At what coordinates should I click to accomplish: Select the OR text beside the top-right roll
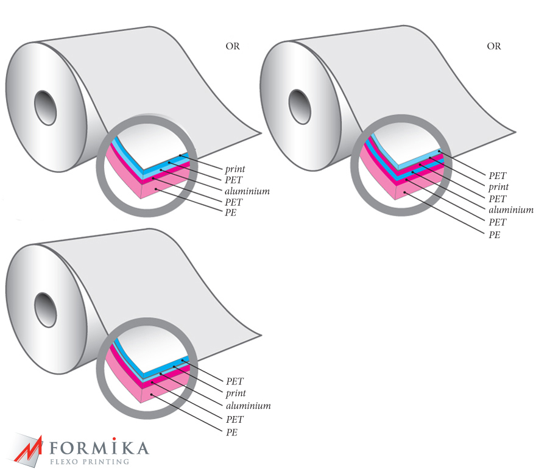click(x=493, y=46)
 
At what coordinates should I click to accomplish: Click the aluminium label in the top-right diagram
click(x=511, y=210)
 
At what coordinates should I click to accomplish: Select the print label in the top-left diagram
click(x=235, y=168)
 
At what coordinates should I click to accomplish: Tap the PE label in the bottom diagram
click(x=231, y=432)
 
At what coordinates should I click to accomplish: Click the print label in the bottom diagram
click(x=236, y=393)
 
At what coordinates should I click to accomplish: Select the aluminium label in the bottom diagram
click(x=248, y=406)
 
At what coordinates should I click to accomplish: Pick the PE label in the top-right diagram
click(x=495, y=234)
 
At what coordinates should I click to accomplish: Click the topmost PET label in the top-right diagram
click(x=498, y=176)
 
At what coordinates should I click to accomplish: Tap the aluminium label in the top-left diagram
click(x=247, y=191)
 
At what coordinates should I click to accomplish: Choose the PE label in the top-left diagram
click(x=231, y=214)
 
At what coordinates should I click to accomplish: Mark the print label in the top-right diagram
click(x=498, y=187)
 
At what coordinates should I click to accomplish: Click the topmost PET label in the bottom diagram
click(x=234, y=381)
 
